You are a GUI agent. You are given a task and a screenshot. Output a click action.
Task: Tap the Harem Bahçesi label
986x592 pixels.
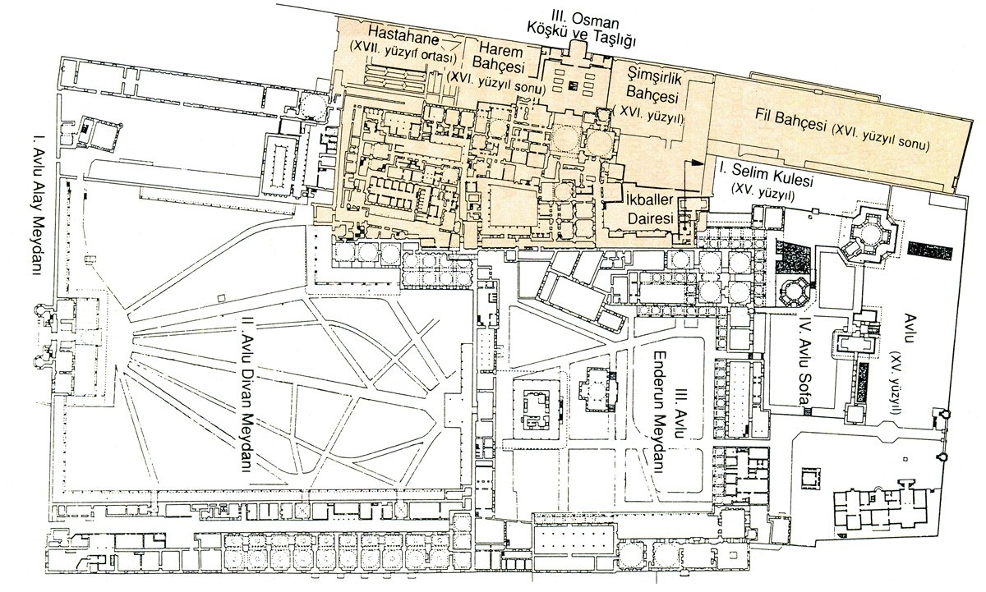501,59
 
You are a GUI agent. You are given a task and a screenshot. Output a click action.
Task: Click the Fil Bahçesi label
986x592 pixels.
790,120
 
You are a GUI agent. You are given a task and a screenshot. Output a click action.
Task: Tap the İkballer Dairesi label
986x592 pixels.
650,209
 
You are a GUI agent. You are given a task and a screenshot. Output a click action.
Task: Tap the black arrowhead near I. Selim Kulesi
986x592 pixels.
694,163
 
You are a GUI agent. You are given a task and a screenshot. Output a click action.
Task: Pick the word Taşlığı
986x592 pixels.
612,40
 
